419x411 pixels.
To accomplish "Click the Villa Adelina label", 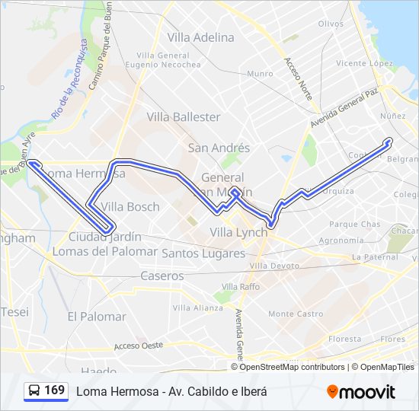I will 201,37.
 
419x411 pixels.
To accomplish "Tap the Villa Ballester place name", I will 184,117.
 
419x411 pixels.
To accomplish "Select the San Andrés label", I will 219,148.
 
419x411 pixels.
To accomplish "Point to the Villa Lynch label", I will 238,232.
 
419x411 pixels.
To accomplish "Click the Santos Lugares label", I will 203,253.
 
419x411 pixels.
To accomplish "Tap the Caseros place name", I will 162,276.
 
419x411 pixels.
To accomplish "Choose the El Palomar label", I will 97,317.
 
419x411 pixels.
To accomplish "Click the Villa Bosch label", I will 130,207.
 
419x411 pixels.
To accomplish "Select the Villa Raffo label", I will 238,286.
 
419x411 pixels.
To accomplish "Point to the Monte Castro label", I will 296,314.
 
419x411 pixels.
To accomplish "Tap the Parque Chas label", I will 354,225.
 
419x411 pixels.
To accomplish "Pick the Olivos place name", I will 331,24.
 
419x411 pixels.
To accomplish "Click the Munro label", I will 260,74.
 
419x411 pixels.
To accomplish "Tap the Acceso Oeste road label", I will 139,346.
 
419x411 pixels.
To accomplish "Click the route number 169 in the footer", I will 55,390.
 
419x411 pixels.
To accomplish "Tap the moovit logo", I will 361,392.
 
